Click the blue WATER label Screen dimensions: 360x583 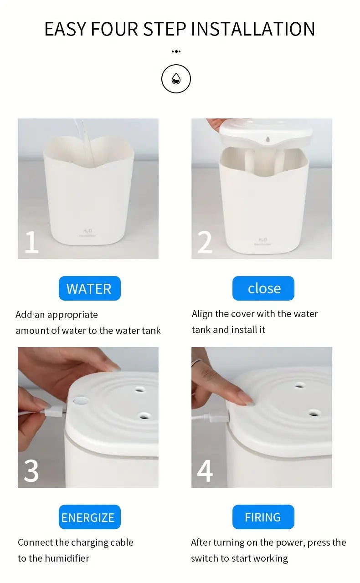90,288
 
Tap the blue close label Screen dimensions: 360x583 263,288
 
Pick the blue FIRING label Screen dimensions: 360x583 263,517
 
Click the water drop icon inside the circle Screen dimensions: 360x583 176,79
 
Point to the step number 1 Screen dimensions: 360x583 31,242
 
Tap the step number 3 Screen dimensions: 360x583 31,470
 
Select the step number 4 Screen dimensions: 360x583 205,470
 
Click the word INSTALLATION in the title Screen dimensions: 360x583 253,29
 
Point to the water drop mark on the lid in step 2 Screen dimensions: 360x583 267,139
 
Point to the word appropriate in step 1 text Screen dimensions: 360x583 72,315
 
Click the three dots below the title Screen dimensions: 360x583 176,51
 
